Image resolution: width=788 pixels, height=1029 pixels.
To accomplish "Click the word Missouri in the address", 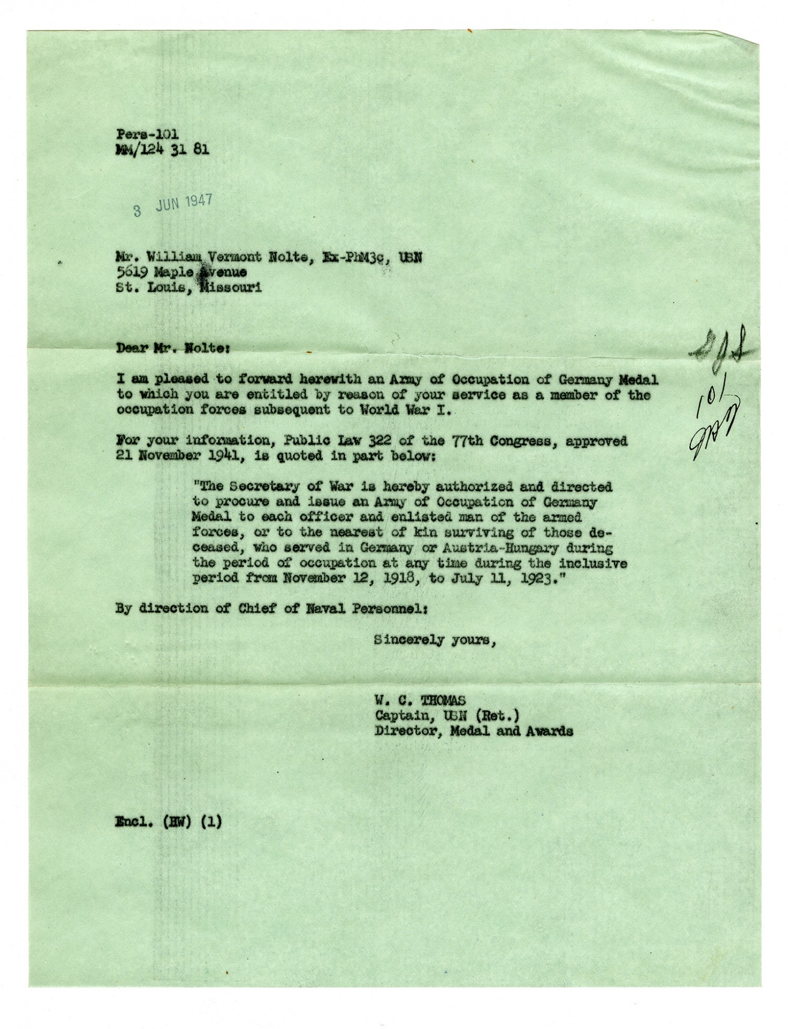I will coord(231,288).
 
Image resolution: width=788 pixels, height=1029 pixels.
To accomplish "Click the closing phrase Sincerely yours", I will coord(434,640).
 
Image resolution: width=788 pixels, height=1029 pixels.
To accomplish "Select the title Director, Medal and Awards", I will coord(473,731).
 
